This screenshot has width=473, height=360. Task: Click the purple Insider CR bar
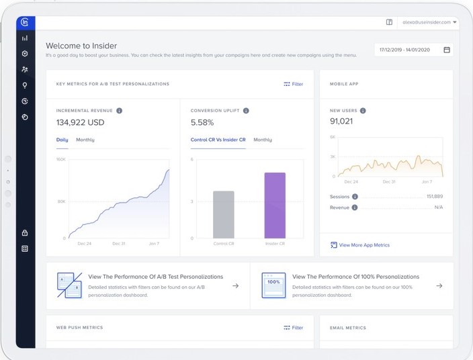[274, 206]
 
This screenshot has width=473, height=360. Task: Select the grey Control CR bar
[223, 214]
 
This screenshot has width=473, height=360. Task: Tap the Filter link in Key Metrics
[293, 84]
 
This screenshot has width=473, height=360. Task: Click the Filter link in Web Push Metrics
[293, 328]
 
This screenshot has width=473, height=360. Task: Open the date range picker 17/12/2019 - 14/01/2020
[413, 50]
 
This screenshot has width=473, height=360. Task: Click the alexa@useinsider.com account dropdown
[427, 22]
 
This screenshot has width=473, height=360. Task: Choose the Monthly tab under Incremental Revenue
[85, 140]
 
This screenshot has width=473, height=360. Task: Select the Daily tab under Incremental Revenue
[62, 140]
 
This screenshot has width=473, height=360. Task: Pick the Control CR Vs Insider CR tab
[218, 140]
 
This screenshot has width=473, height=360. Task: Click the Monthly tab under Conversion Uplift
[263, 140]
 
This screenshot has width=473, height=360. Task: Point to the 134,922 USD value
[80, 122]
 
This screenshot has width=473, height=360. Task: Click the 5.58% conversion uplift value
[202, 122]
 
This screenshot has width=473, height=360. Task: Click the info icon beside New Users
[363, 110]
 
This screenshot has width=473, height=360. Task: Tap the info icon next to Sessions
[355, 197]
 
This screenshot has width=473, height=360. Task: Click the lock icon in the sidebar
[25, 233]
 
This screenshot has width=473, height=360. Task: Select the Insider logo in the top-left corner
[25, 22]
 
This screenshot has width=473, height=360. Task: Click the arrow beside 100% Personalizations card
[439, 285]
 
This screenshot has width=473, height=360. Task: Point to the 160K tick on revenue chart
[60, 160]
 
